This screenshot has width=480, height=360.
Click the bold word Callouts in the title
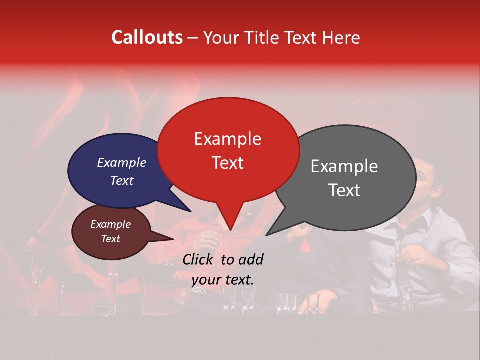(147, 37)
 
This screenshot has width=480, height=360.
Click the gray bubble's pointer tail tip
(267, 235)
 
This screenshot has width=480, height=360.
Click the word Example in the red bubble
(227, 139)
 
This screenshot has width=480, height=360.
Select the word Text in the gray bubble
(345, 190)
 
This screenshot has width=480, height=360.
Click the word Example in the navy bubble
(121, 163)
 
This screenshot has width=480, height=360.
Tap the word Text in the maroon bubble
(111, 239)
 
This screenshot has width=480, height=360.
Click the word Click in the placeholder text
(198, 259)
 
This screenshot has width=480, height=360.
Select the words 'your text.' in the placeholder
(222, 280)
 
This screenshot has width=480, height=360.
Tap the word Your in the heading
(222, 37)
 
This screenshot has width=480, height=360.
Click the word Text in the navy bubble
(121, 181)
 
